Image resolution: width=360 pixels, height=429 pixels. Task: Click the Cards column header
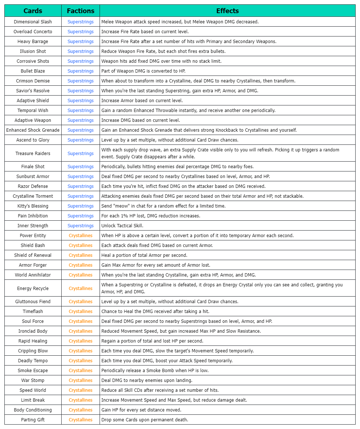pyautogui.click(x=33, y=11)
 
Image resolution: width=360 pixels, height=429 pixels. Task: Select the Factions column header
pyautogui.click(x=81, y=11)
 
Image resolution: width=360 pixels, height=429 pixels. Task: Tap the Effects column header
pyautogui.click(x=227, y=11)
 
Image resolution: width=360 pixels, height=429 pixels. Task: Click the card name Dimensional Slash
pyautogui.click(x=33, y=22)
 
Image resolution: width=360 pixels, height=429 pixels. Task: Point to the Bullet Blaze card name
pyautogui.click(x=33, y=71)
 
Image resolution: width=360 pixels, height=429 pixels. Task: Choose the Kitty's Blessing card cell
pyautogui.click(x=33, y=206)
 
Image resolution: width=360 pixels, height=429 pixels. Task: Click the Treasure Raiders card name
pyautogui.click(x=33, y=154)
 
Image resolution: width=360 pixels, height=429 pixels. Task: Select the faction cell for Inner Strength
pyautogui.click(x=81, y=226)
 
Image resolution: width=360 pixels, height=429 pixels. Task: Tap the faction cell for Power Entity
pyautogui.click(x=81, y=236)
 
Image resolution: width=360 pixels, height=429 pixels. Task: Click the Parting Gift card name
pyautogui.click(x=33, y=420)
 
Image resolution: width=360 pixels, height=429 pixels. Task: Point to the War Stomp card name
pyautogui.click(x=33, y=380)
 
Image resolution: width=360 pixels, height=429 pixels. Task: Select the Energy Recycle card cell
pyautogui.click(x=33, y=289)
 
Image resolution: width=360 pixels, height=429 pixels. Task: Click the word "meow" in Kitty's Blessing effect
pyautogui.click(x=120, y=206)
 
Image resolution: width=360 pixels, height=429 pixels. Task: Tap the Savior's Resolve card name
pyautogui.click(x=33, y=91)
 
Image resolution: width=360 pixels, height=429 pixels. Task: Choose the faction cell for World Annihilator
pyautogui.click(x=81, y=275)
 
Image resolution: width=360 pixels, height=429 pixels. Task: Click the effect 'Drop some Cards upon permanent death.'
pyautogui.click(x=145, y=420)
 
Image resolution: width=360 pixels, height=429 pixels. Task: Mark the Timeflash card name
pyautogui.click(x=33, y=312)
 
